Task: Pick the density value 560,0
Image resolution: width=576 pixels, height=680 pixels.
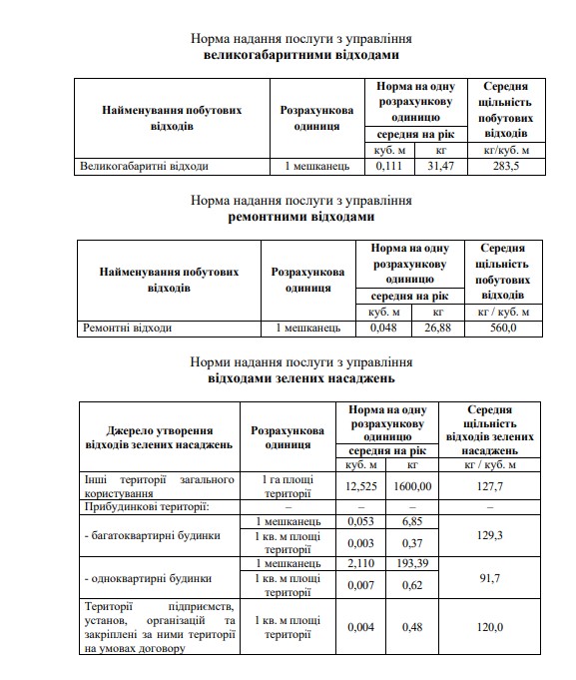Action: click(x=499, y=327)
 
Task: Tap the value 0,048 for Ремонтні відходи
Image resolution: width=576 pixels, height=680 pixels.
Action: click(x=384, y=327)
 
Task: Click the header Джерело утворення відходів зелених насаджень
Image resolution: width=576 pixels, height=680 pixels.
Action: click(x=160, y=435)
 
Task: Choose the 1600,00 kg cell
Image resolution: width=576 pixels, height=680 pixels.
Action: click(x=413, y=486)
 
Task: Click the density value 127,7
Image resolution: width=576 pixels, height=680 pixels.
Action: click(x=491, y=486)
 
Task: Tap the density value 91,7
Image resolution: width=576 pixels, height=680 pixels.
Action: click(x=491, y=577)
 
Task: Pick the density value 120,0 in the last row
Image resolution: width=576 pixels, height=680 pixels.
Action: click(x=491, y=627)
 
